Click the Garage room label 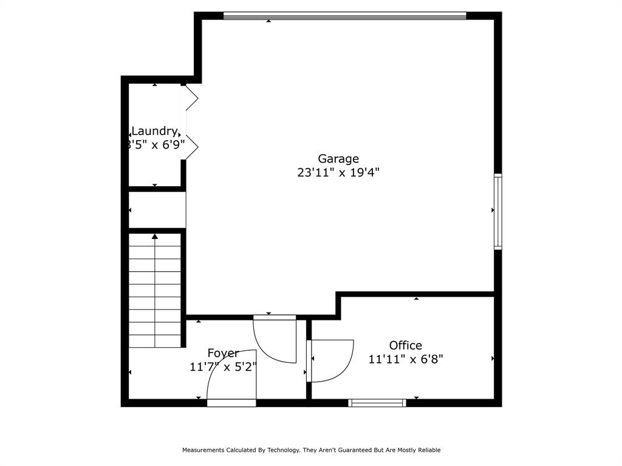(338, 159)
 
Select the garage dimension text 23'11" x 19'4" (338, 172)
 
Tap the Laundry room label (154, 131)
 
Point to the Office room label (405, 345)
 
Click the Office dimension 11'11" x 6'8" (405, 359)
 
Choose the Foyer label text (223, 353)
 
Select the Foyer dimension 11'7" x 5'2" (223, 366)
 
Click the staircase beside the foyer (155, 291)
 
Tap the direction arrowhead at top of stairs (155, 237)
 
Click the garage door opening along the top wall (344, 16)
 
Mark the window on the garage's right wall (497, 211)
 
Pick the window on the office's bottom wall (377, 402)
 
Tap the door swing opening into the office (329, 360)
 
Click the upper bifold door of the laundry (191, 98)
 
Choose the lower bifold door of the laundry (191, 146)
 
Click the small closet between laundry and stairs (156, 210)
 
